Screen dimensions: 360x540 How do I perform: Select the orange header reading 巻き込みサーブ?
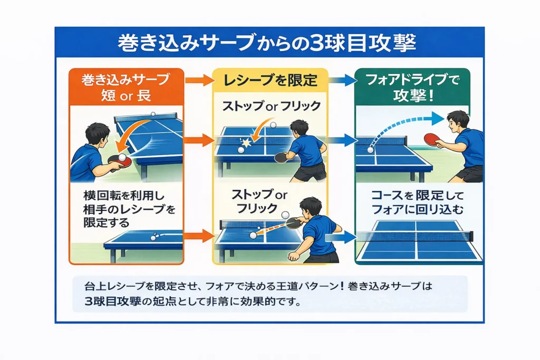125,80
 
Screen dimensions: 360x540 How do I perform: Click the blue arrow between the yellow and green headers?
341,81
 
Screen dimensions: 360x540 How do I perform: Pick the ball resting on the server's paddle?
122,158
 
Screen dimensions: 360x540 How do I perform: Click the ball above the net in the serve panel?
153,114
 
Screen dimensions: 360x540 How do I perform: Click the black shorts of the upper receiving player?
310,171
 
